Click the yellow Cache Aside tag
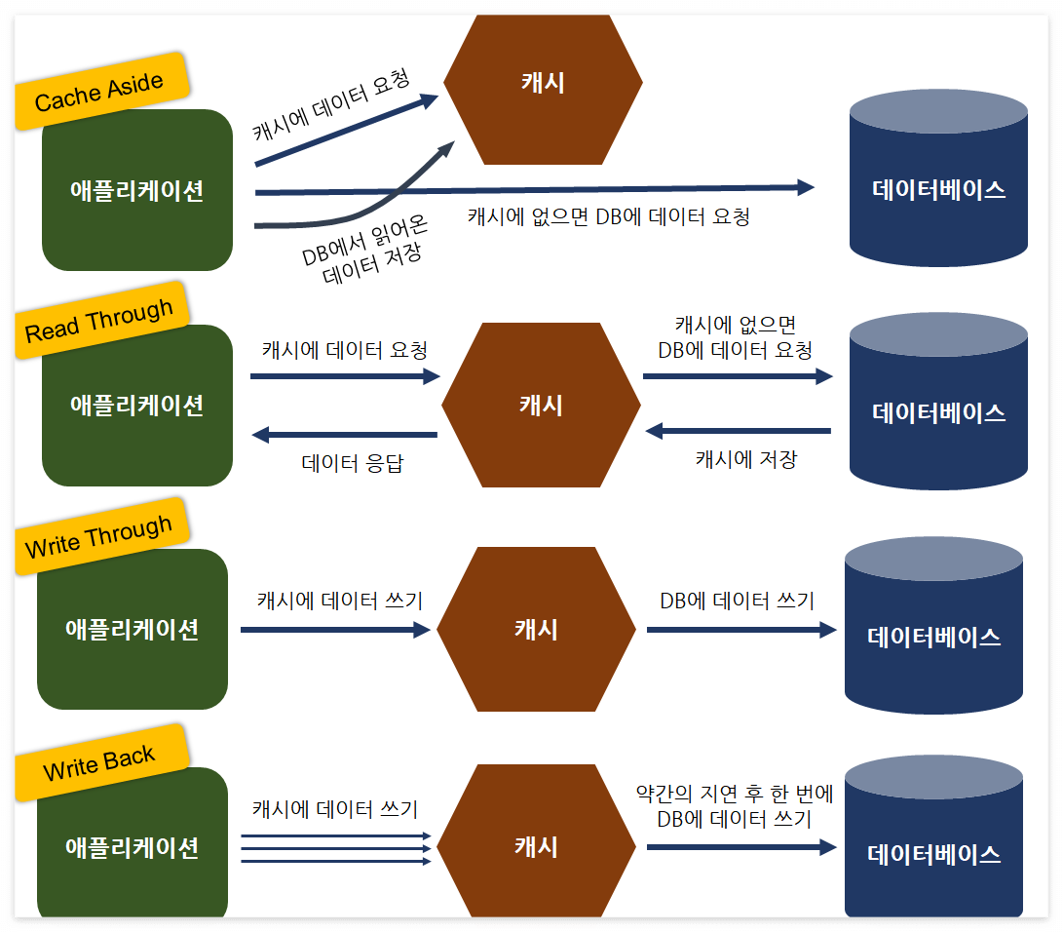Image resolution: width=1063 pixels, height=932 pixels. point(99,91)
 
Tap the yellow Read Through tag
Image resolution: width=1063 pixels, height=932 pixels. point(99,320)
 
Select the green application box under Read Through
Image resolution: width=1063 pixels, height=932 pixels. point(137,406)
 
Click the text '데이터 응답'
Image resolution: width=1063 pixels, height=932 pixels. point(352,463)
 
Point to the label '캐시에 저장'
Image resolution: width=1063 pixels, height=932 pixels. point(745,459)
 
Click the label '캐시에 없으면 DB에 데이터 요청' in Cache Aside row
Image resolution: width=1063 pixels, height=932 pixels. point(609,216)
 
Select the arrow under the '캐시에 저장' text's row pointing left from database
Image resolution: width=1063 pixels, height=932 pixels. point(738,430)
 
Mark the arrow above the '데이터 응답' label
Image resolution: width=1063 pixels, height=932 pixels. point(345,435)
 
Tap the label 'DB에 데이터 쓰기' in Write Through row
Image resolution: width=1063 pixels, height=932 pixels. point(737,601)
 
